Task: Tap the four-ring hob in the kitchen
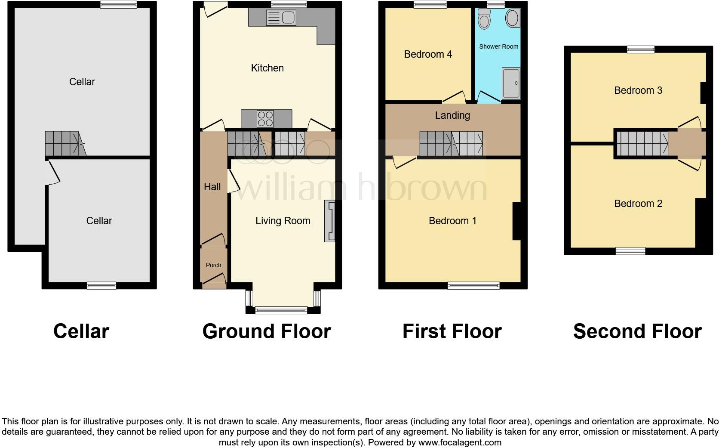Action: (265, 119)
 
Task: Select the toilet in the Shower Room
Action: (484, 19)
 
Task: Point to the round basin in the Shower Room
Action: (512, 19)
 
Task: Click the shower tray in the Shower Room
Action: (511, 83)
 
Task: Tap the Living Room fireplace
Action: (329, 221)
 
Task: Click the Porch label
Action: (213, 265)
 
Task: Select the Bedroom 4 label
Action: (428, 54)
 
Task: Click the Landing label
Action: (452, 115)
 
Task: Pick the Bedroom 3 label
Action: (638, 90)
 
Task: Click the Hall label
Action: (212, 187)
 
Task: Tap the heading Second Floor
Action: (637, 331)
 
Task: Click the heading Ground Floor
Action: (267, 331)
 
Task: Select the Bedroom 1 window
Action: (473, 285)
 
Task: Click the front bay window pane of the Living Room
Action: (281, 310)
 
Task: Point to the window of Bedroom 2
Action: (630, 251)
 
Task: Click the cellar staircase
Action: (65, 143)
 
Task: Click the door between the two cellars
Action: (53, 173)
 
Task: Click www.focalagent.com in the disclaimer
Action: (460, 442)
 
